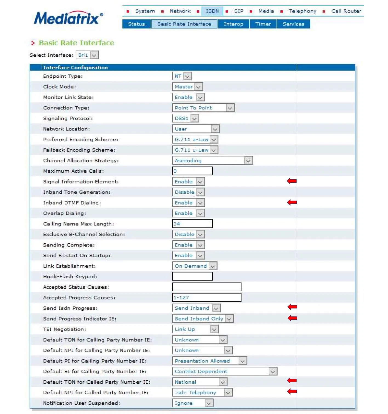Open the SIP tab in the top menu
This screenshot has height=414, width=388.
[x=238, y=11]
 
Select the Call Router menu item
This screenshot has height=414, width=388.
[x=346, y=11]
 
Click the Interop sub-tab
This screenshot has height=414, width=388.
[x=233, y=24]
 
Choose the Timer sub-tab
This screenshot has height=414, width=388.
[x=263, y=24]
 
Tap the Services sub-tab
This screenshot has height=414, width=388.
[x=293, y=24]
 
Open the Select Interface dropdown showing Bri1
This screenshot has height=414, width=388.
[x=87, y=55]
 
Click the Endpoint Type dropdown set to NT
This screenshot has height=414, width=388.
[x=182, y=76]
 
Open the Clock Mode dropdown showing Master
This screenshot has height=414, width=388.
[x=187, y=87]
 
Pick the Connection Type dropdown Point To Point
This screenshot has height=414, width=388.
[x=203, y=108]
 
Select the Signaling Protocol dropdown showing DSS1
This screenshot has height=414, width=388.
[x=185, y=118]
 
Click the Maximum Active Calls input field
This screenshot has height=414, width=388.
[x=192, y=171]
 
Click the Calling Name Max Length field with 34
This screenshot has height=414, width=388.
[x=192, y=224]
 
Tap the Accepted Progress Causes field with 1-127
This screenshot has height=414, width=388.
[x=207, y=298]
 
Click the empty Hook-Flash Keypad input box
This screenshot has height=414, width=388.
[x=192, y=276]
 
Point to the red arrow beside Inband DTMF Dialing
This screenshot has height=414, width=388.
[x=292, y=202]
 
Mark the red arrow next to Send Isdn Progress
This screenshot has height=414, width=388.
[x=292, y=307]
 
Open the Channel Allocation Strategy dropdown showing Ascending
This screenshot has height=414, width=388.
[x=212, y=161]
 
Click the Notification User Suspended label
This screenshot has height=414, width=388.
[x=81, y=403]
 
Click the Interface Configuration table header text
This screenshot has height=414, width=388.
[x=75, y=68]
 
